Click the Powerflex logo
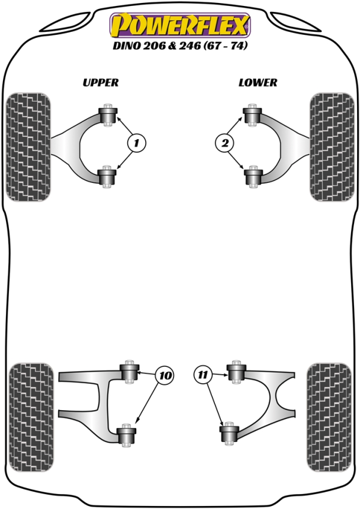180,25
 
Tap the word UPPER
101,83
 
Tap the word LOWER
258,83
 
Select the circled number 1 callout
137,143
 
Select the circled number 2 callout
224,143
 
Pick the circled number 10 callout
165,375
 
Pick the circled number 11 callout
203,375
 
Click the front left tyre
29,147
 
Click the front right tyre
332,147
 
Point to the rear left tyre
31,417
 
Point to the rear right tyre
329,417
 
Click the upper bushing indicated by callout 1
107,115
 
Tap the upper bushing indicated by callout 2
253,115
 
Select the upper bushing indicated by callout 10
130,372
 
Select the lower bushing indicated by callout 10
127,435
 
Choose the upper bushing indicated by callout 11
236,372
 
